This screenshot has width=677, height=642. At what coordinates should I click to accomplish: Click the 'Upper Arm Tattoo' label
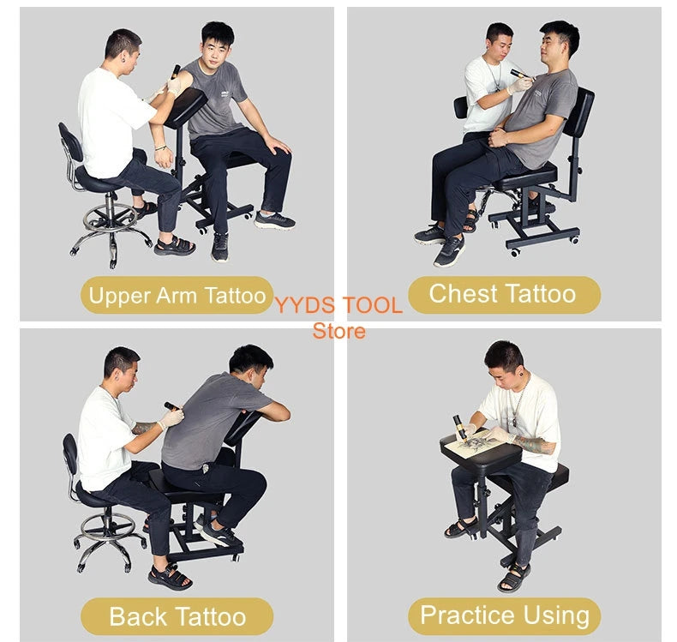pyautogui.click(x=177, y=296)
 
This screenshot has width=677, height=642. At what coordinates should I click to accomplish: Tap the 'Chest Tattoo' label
pyautogui.click(x=502, y=294)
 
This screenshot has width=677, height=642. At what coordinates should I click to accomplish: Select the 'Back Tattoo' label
pyautogui.click(x=177, y=615)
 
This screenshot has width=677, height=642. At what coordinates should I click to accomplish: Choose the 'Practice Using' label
pyautogui.click(x=504, y=615)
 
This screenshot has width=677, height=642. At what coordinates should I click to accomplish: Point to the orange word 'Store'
pyautogui.click(x=338, y=330)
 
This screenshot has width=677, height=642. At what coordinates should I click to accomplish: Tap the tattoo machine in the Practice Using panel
pyautogui.click(x=458, y=426)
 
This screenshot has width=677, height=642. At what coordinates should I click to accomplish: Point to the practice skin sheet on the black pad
pyautogui.click(x=476, y=446)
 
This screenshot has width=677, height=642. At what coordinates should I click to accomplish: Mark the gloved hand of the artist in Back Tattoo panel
pyautogui.click(x=171, y=419)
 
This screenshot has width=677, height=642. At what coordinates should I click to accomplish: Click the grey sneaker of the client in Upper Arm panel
pyautogui.click(x=274, y=220)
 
